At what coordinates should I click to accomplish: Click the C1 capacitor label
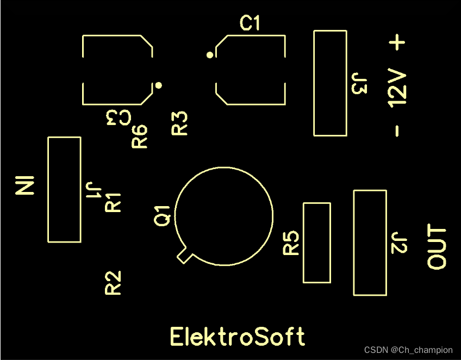point(251,23)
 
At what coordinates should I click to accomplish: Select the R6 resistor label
point(140,136)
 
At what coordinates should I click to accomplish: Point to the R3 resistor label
point(179,123)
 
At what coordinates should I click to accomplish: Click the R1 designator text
point(113,202)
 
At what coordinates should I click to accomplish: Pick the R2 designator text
point(113,283)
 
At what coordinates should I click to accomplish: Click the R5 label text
point(291,243)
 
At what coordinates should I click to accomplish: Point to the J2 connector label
point(400,243)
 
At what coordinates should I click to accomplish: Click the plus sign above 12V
point(398,43)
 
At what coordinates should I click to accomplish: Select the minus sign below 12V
point(398,131)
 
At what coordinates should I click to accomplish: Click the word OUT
point(437,247)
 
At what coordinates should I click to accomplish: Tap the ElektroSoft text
point(238,337)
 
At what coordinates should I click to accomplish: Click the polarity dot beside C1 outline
point(209,55)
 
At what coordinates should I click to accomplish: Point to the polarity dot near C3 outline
point(159,85)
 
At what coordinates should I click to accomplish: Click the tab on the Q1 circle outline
point(184,256)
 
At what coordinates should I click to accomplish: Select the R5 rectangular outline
point(316,243)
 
